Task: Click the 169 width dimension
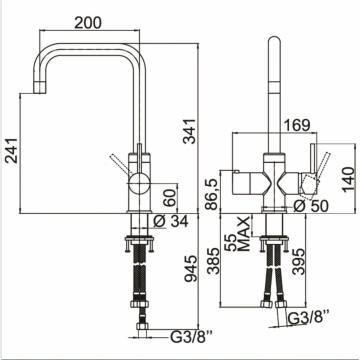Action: point(296,125)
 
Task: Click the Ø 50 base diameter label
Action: point(310,206)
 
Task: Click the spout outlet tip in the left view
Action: point(40,89)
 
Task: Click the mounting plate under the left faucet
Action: point(139,240)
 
